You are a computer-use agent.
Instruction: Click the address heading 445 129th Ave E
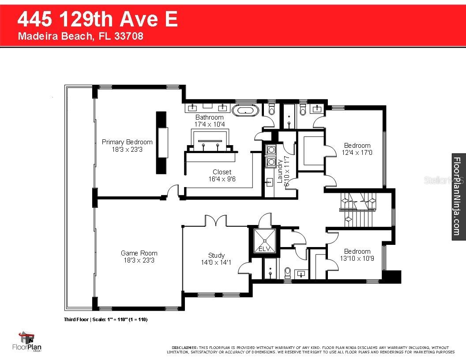98,19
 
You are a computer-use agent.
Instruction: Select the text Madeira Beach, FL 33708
80,36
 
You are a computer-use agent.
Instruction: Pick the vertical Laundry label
280,171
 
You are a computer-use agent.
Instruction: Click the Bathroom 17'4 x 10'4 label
210,121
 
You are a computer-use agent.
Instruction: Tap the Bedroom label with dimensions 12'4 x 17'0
357,149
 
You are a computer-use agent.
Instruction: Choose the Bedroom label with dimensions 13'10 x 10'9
357,255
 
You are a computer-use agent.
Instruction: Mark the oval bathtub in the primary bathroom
244,111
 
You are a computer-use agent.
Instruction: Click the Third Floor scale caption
105,319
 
